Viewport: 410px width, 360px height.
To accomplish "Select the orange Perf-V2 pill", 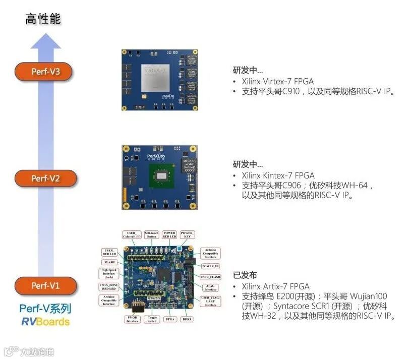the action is point(45,178).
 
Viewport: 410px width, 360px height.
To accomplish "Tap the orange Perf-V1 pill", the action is point(45,286).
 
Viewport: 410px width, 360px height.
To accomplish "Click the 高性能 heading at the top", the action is point(43,20).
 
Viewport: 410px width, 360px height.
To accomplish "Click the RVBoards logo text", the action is point(45,322).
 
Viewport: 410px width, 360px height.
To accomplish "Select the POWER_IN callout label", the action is point(210,266).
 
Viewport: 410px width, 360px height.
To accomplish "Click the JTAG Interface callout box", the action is point(210,287).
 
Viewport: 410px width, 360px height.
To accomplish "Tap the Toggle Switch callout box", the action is point(151,319).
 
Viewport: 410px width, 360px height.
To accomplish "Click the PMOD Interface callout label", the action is point(132,319).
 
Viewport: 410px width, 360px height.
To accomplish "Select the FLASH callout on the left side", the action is point(109,262).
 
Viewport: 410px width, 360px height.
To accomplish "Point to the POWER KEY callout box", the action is point(187,235).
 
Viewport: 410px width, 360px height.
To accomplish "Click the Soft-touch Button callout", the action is point(151,235).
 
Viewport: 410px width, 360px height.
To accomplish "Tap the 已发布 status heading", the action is point(245,275).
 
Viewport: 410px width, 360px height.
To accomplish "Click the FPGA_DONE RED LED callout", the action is point(109,288).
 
